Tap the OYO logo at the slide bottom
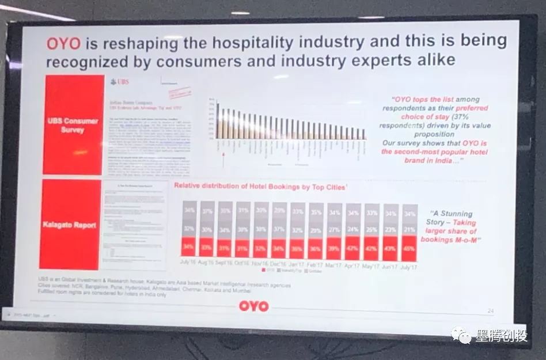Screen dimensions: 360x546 (254, 306)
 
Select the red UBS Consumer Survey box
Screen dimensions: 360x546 (74, 125)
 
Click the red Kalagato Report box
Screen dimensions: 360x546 (69, 225)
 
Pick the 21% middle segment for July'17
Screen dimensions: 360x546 (409, 230)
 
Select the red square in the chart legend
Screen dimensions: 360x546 (264, 270)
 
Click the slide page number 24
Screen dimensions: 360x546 (490, 311)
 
